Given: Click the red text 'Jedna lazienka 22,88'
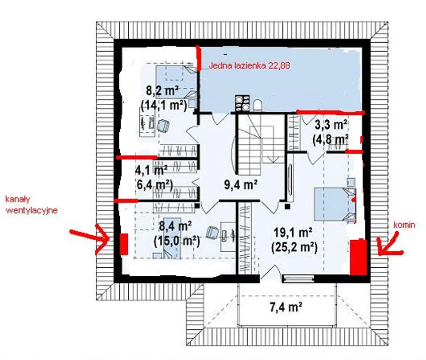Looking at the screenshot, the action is [x=250, y=66].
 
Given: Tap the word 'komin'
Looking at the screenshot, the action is [x=404, y=225].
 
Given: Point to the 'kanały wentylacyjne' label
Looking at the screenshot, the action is [x=32, y=205].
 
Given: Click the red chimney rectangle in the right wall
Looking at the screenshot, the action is [x=358, y=257].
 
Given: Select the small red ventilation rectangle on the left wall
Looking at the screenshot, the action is [x=124, y=244].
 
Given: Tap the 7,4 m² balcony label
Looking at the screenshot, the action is [x=286, y=308].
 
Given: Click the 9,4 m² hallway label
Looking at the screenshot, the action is [x=241, y=185].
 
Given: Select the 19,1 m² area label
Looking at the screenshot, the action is [x=293, y=233].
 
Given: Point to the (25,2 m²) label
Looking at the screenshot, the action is [x=294, y=248].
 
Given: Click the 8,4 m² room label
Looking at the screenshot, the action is [x=176, y=226].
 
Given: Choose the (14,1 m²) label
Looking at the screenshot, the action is [x=164, y=105].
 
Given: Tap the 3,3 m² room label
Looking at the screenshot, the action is [x=331, y=125].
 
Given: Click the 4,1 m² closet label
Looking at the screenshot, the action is [x=151, y=170].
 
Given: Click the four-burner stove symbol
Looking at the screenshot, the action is [x=243, y=103].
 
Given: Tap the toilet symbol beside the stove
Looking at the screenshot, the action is [x=257, y=105].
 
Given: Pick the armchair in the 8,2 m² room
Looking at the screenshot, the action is [x=163, y=126].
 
